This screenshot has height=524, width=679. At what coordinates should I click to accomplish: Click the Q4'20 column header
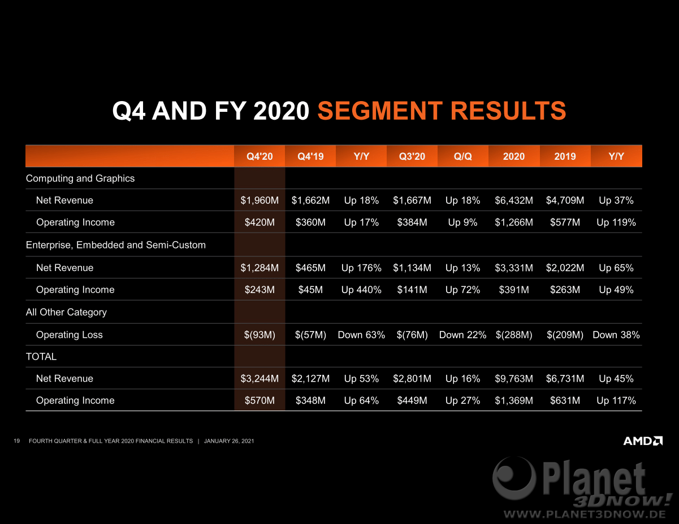click(x=260, y=156)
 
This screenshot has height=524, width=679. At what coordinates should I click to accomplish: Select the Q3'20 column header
click(x=412, y=156)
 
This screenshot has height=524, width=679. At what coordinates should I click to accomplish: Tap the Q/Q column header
click(x=463, y=156)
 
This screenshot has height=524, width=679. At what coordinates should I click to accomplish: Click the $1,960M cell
click(x=260, y=200)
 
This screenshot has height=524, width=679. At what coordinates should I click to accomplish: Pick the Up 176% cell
click(x=361, y=268)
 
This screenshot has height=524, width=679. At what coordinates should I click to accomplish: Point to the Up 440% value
click(x=361, y=290)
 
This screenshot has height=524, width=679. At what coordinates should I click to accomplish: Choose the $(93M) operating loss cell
click(x=260, y=335)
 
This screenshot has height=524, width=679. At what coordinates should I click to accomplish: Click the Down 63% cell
click(x=361, y=335)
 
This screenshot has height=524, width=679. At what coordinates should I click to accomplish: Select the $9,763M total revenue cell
click(x=514, y=378)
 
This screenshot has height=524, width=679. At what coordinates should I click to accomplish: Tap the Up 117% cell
click(x=616, y=400)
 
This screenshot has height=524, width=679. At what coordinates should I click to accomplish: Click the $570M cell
click(x=260, y=400)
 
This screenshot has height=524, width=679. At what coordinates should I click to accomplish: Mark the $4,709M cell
click(x=565, y=200)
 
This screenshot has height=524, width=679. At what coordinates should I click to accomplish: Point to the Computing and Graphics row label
click(x=80, y=178)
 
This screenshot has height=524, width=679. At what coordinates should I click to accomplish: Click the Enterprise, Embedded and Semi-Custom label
click(x=115, y=245)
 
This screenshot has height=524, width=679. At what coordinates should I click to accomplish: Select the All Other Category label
click(x=66, y=312)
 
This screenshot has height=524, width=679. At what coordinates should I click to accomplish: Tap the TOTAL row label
click(x=41, y=356)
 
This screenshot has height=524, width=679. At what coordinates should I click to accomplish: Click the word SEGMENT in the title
click(x=380, y=111)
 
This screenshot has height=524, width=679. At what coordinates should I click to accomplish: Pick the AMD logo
click(x=643, y=440)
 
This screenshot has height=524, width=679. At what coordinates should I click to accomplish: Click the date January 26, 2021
click(x=229, y=441)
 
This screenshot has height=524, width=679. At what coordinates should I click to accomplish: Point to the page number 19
click(x=17, y=441)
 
